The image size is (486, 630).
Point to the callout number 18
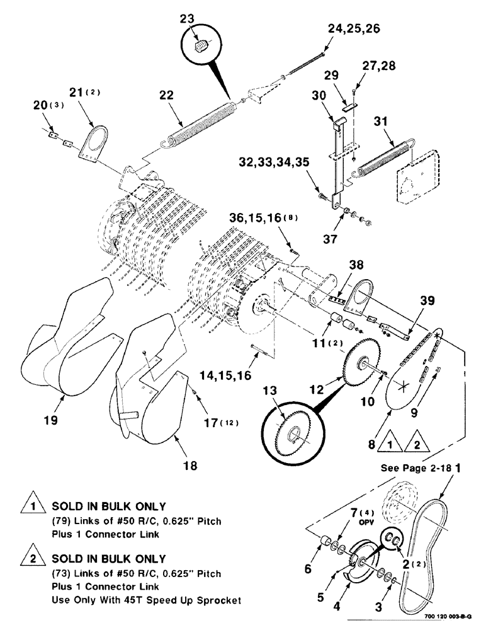click(190, 466)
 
